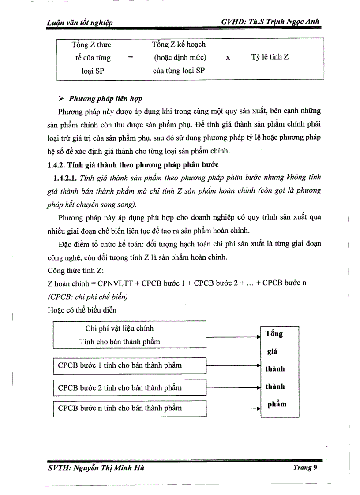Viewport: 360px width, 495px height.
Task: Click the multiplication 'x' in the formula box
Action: tap(227, 57)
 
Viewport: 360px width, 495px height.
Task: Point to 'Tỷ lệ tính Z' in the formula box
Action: tap(270, 57)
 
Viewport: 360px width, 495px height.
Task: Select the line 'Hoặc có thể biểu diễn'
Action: tap(82, 309)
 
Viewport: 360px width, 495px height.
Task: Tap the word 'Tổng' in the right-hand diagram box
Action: tap(274, 334)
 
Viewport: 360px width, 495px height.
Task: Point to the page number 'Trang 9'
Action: tap(305, 468)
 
